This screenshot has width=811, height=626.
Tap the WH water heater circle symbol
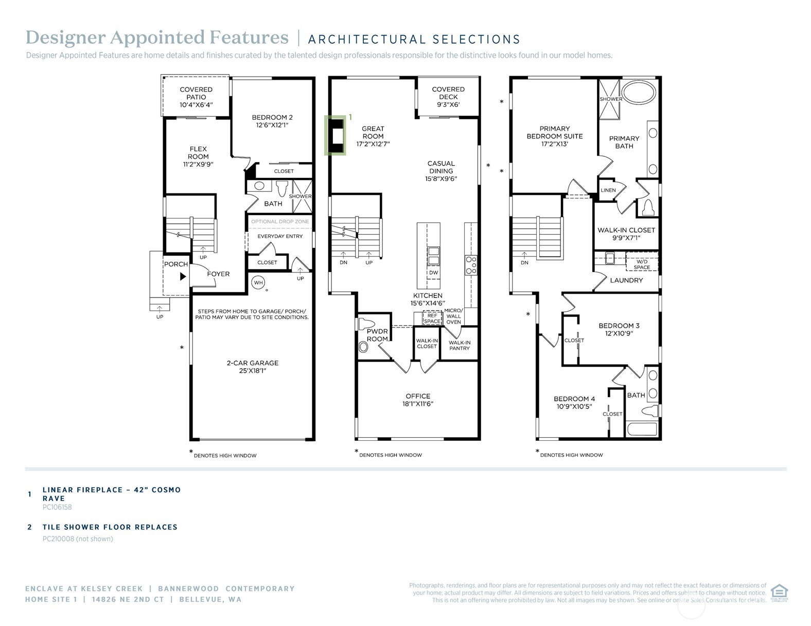point(258,282)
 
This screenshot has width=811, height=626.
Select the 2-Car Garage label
point(252,366)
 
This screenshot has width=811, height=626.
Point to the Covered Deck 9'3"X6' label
point(448,97)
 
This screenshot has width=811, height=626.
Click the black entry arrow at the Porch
point(183,276)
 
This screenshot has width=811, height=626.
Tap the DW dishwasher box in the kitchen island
point(433,273)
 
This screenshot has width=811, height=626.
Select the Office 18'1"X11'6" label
point(417,400)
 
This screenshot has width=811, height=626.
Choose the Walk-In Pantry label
point(459,345)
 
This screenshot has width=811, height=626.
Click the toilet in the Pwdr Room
point(366,325)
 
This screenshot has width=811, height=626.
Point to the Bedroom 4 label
point(574,402)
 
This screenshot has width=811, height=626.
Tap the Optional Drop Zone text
point(280,222)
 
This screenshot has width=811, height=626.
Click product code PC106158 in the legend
point(57,507)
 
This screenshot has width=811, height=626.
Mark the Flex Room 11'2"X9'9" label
point(198,156)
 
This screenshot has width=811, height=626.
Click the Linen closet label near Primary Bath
point(608,190)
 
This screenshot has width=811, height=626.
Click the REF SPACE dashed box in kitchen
point(432,318)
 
